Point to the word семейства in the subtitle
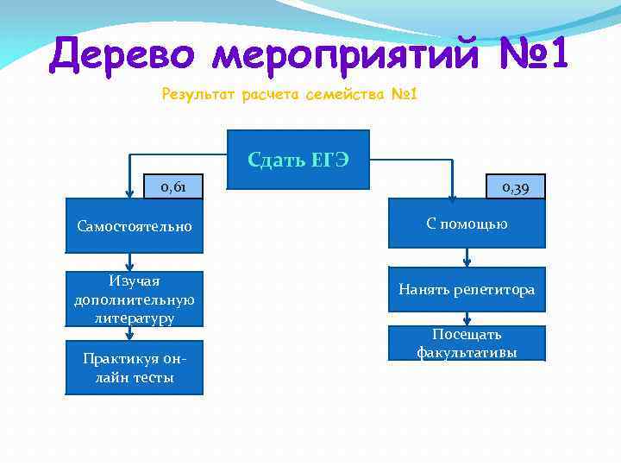click(x=337, y=92)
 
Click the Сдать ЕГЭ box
click(x=298, y=159)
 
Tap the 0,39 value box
click(x=516, y=186)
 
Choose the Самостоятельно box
click(x=135, y=227)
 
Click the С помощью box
click(x=467, y=224)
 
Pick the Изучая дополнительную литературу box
click(x=135, y=299)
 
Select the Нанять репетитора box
click(x=467, y=290)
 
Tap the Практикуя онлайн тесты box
click(x=135, y=368)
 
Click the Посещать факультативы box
click(x=467, y=343)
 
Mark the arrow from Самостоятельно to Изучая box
click(x=130, y=262)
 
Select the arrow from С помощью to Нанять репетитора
click(x=467, y=258)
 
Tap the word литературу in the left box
click(x=135, y=318)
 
